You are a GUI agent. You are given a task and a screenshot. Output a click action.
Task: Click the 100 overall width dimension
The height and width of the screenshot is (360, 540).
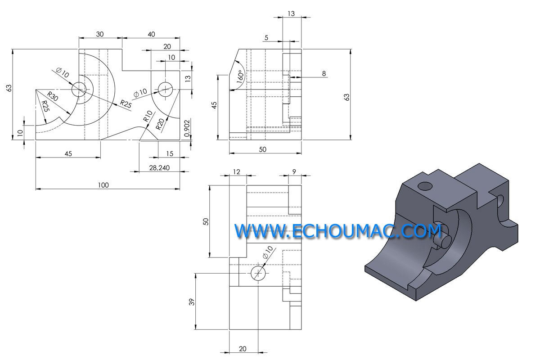(103, 185)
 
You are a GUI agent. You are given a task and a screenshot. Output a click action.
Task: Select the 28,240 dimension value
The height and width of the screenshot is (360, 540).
(159, 168)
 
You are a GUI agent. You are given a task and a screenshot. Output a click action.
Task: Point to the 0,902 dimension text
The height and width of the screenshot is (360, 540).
(187, 128)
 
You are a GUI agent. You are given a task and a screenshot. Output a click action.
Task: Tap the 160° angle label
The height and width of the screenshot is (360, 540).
(240, 76)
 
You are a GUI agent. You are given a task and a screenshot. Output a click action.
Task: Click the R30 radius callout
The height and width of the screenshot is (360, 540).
(53, 96)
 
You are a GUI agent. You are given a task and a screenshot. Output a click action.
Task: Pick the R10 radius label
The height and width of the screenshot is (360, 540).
(148, 116)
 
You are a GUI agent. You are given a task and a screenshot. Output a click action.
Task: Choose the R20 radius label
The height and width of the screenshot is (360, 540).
(160, 124)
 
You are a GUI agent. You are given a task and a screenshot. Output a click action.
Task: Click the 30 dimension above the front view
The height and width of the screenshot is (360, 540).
(100, 34)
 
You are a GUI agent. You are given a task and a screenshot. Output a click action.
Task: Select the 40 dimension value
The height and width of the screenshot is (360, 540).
(151, 34)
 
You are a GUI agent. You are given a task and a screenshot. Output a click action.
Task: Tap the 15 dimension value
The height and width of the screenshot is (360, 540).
(170, 154)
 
